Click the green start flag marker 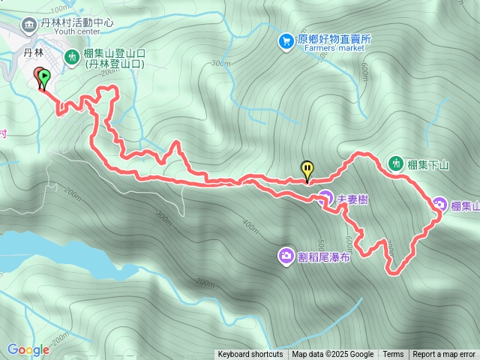[43, 76]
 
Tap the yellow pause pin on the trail [307, 169]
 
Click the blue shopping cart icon [286, 41]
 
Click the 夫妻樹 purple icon [324, 199]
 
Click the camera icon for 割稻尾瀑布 [286, 257]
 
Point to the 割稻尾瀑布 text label [324, 257]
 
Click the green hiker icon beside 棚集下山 [395, 163]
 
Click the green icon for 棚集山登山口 [72, 55]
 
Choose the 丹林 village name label [34, 52]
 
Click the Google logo [28, 349]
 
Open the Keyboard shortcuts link [250, 355]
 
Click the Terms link [393, 355]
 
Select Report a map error [444, 355]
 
